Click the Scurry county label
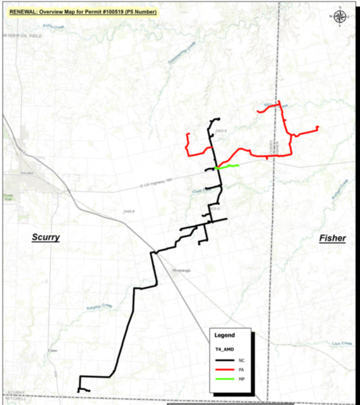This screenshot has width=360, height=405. (45, 237)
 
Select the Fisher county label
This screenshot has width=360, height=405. (332, 238)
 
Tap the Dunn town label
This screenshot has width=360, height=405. (52, 351)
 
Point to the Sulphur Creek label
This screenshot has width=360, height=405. (99, 307)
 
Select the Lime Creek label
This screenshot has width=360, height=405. (341, 344)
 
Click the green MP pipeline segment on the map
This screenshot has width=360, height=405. (227, 166)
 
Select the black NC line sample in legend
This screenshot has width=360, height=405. (225, 360)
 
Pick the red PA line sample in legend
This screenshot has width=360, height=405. (225, 369)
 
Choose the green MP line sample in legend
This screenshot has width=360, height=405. (225, 379)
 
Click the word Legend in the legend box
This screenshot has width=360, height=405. (225, 335)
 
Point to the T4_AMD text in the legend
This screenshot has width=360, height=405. (224, 349)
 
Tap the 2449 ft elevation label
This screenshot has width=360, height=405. (129, 211)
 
